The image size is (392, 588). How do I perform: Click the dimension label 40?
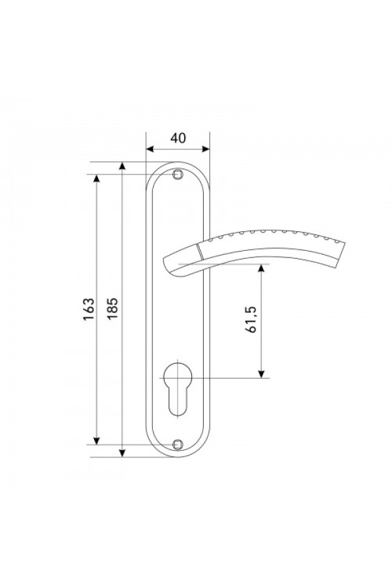(178, 138)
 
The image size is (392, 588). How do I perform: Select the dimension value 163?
(89, 309)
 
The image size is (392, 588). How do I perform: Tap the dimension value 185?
(112, 308)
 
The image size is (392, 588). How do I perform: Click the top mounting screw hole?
(178, 174)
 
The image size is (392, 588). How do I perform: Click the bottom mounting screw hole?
(178, 445)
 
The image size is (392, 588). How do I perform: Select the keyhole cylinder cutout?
(178, 389)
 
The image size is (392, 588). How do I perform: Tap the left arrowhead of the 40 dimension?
(150, 149)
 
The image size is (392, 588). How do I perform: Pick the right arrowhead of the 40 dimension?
(205, 149)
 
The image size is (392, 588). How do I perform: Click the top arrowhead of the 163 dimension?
(97, 178)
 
